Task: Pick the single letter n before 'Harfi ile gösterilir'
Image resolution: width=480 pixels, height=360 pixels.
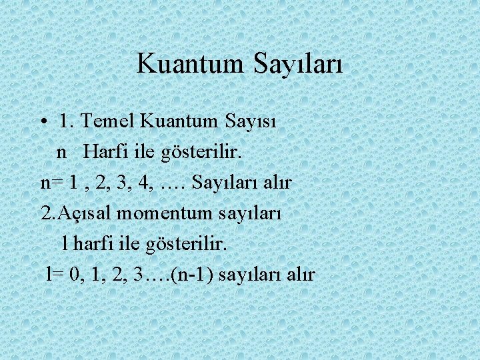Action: pyautogui.click(x=61, y=152)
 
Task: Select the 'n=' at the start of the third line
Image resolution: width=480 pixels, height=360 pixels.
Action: pyautogui.click(x=51, y=183)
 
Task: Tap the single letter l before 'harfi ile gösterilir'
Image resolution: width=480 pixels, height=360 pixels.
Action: pyautogui.click(x=64, y=243)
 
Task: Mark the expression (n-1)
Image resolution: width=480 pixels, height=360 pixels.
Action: pyautogui.click(x=192, y=275)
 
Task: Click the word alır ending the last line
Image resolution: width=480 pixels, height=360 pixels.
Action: pyautogui.click(x=300, y=274)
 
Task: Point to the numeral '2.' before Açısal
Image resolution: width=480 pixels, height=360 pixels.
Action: pyautogui.click(x=49, y=213)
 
